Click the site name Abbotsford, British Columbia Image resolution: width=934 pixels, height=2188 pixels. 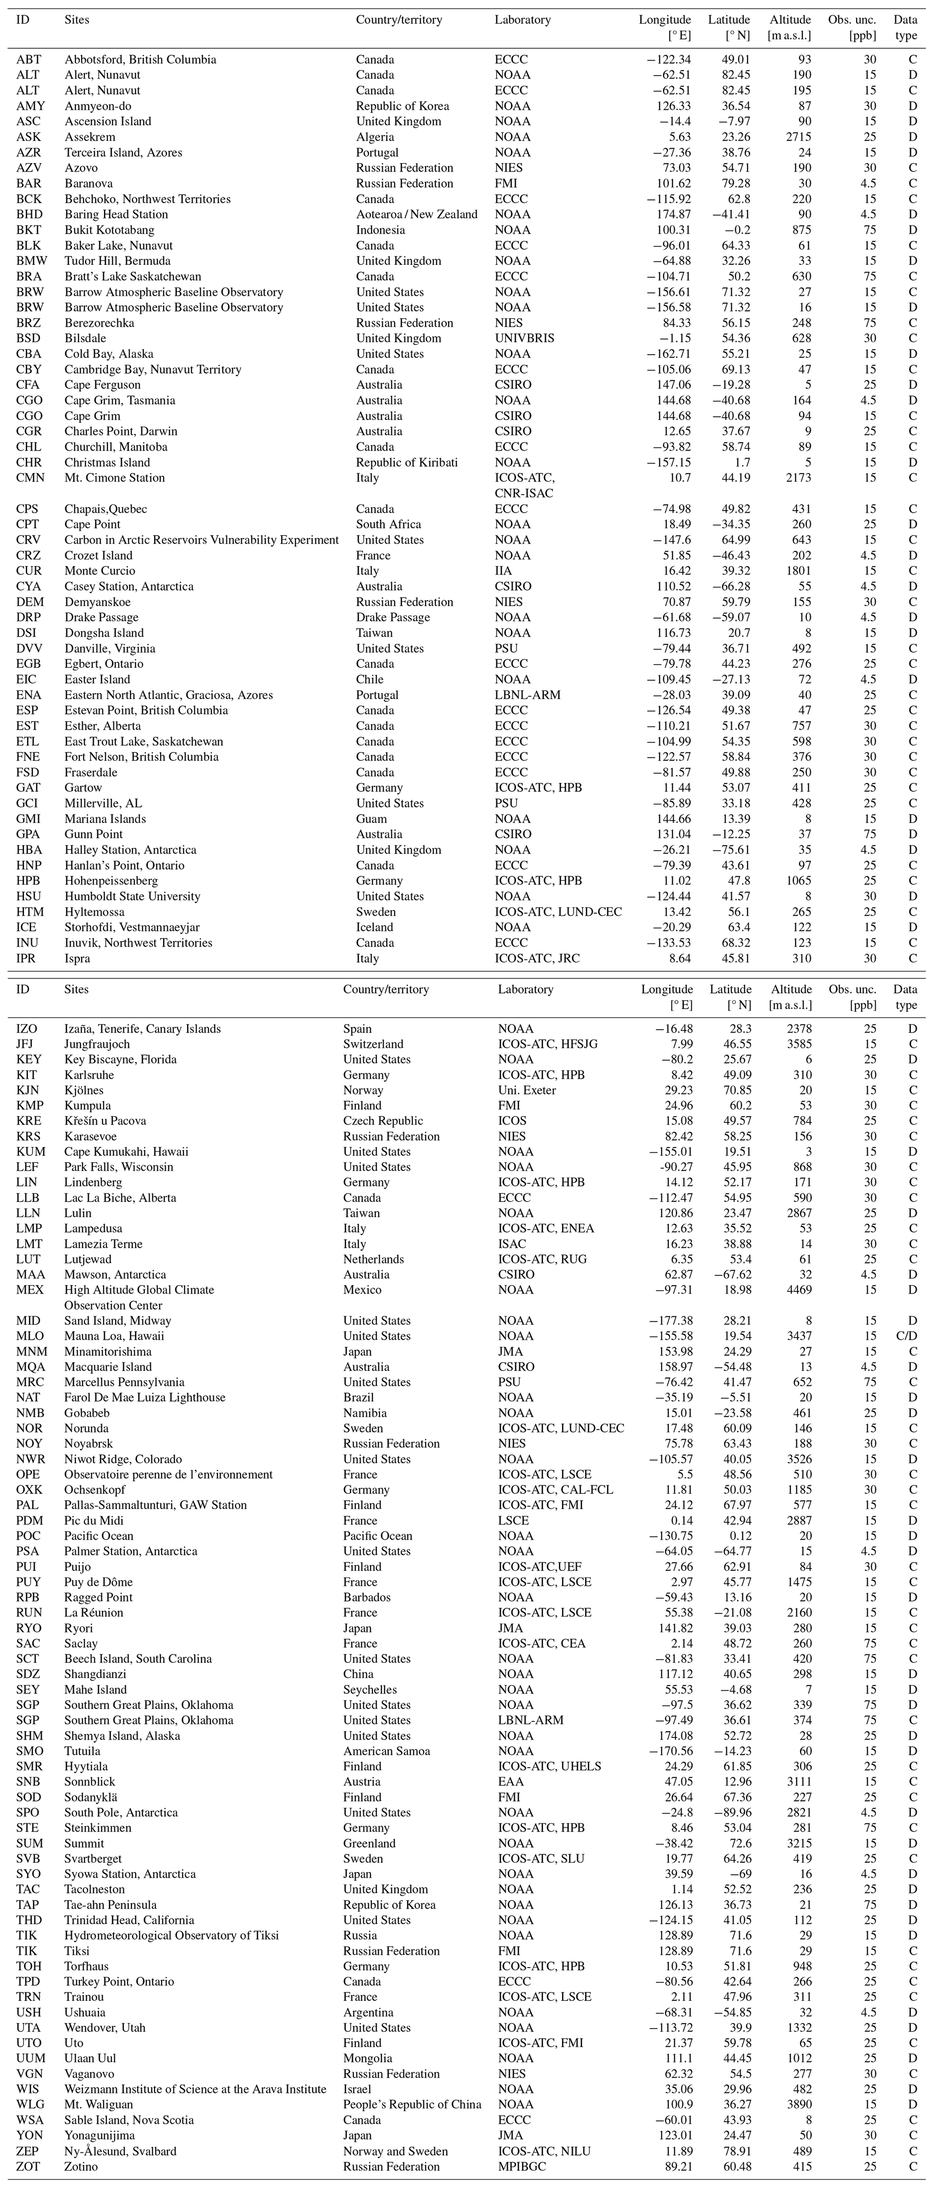[140, 60]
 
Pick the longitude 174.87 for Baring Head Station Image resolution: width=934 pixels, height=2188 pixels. [672, 214]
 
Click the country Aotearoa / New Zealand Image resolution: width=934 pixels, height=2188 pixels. [416, 214]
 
